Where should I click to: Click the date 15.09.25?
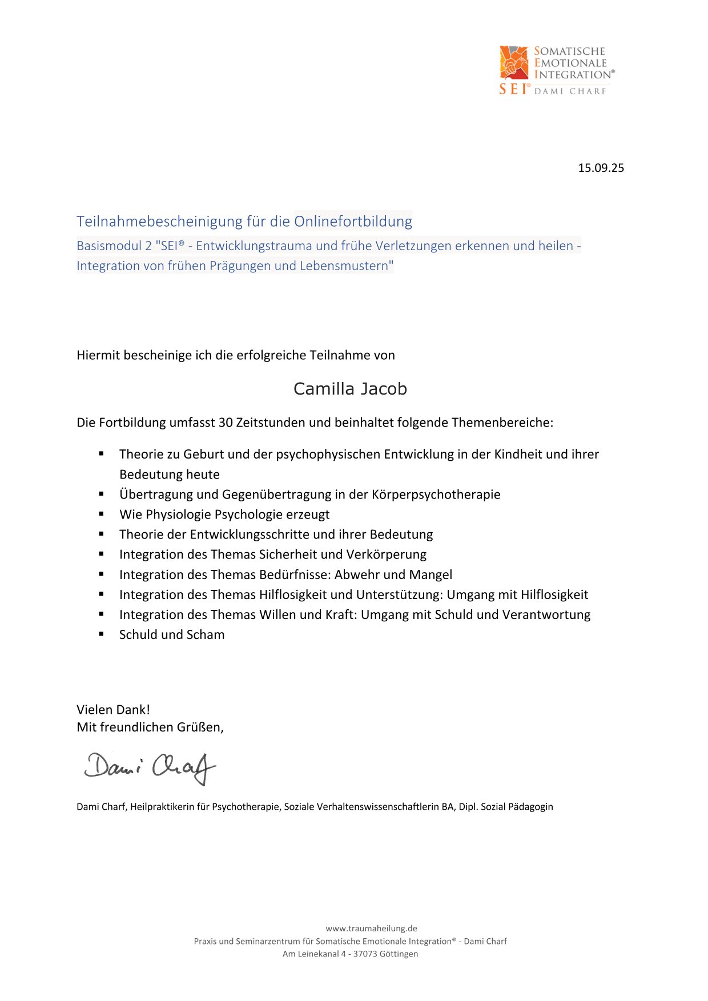pyautogui.click(x=601, y=168)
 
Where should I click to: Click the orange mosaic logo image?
pyautogui.click(x=514, y=62)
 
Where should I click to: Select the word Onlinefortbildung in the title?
pyautogui.click(x=353, y=221)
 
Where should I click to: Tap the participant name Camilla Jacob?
pyautogui.click(x=350, y=389)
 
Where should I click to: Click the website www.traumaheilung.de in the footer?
pyautogui.click(x=371, y=928)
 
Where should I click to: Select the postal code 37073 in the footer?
pyautogui.click(x=366, y=954)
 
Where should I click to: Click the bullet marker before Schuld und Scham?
pyautogui.click(x=101, y=634)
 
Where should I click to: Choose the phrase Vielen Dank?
pyautogui.click(x=113, y=710)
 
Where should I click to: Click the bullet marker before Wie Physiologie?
pyautogui.click(x=101, y=514)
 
